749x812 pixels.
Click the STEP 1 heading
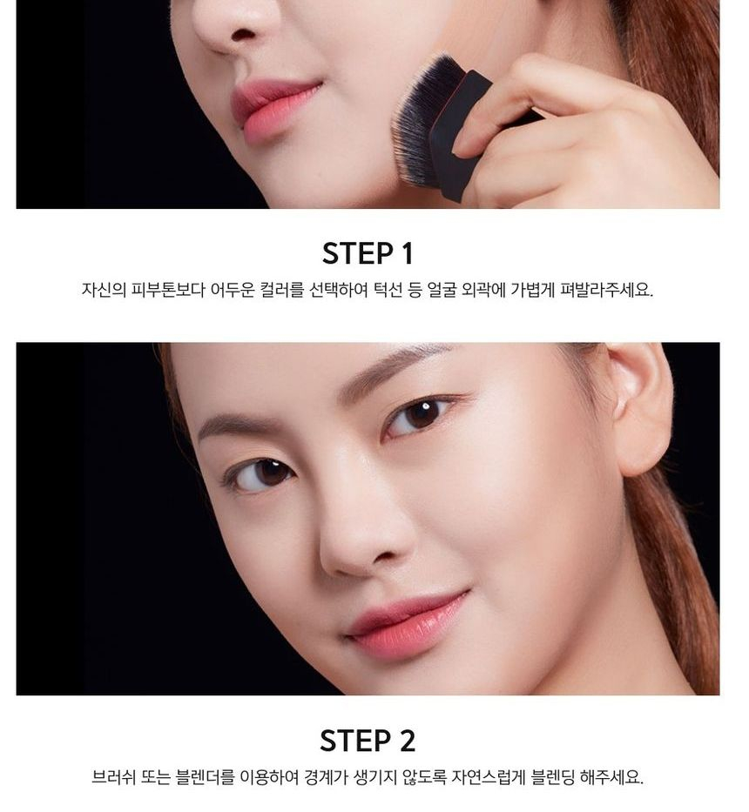(x=368, y=254)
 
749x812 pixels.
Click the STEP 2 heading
(x=368, y=741)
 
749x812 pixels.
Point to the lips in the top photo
(x=272, y=109)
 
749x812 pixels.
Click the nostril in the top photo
(x=244, y=35)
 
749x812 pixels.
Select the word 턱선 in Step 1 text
(x=388, y=290)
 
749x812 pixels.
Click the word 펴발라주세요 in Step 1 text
(x=606, y=290)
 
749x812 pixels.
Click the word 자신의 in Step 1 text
(x=104, y=290)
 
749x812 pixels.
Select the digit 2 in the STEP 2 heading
(x=408, y=741)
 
